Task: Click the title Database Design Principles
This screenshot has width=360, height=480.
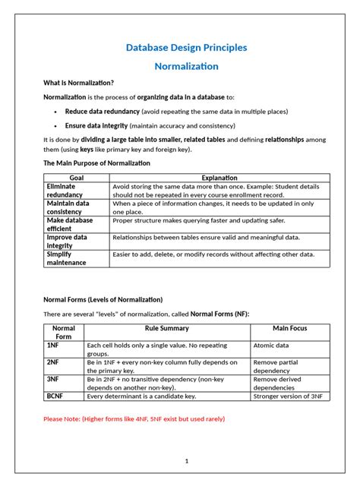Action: (186, 47)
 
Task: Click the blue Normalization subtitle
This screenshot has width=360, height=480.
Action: (186, 66)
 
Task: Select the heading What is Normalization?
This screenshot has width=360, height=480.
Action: (79, 83)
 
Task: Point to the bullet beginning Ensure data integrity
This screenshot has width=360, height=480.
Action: (150, 125)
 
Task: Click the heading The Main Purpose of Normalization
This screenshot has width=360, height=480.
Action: (96, 163)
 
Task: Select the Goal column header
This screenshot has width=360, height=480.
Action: (76, 178)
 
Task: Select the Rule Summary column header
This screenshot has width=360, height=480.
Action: (166, 328)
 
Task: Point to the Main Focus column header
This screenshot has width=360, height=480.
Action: (290, 328)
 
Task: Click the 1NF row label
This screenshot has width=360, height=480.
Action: (53, 345)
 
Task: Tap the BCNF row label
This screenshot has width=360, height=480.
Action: (55, 396)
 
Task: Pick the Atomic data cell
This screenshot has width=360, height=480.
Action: (270, 345)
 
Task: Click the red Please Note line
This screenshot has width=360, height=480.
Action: (134, 418)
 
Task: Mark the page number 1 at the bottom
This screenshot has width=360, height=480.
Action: (186, 461)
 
